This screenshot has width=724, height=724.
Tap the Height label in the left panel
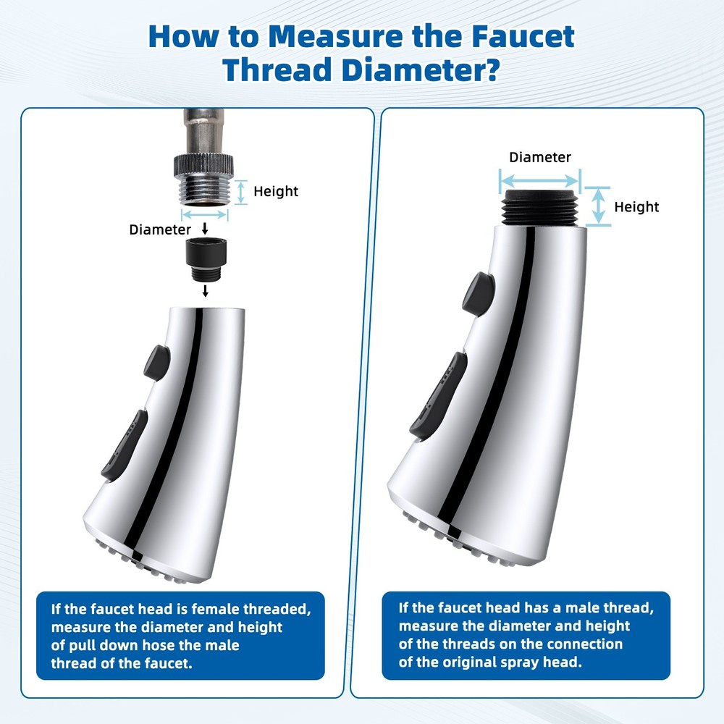[276, 191]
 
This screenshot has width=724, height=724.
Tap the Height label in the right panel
[636, 207]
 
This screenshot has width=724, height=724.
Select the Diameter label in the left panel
[160, 230]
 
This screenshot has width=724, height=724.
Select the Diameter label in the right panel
[539, 157]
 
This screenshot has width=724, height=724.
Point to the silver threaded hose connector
[205, 184]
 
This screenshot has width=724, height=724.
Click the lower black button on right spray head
[438, 395]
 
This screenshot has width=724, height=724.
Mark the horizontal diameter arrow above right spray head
[540, 180]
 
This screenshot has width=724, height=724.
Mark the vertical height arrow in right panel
[598, 206]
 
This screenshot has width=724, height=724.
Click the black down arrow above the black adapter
[205, 229]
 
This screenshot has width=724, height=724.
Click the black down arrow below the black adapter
[205, 290]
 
